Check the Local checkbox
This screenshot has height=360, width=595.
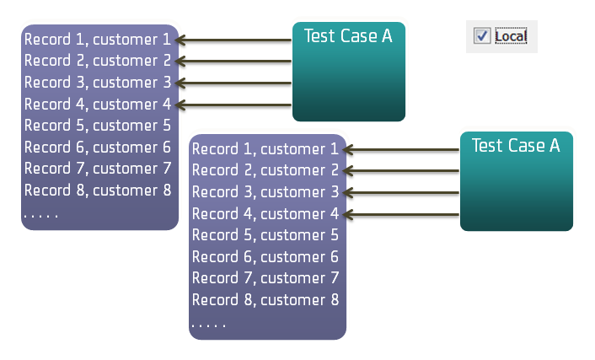click(x=482, y=35)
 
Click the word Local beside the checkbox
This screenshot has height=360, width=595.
click(x=511, y=36)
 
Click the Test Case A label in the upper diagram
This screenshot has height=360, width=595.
click(x=348, y=35)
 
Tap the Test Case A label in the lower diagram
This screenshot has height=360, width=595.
click(x=516, y=145)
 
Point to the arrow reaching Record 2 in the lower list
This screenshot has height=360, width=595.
click(x=401, y=171)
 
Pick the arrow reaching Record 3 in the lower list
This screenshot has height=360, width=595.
click(x=401, y=193)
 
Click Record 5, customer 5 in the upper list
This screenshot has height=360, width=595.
click(x=98, y=126)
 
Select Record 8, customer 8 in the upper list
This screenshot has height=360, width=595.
click(x=98, y=190)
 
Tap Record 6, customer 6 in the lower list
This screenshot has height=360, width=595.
click(x=265, y=256)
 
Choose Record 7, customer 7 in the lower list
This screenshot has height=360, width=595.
click(x=265, y=277)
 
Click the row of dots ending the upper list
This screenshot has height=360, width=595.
click(x=40, y=216)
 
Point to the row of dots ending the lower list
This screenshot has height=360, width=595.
click(x=208, y=325)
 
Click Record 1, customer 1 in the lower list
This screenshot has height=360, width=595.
click(x=265, y=149)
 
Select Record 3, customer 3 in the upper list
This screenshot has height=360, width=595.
click(x=98, y=83)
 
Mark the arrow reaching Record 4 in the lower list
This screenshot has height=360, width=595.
click(x=401, y=214)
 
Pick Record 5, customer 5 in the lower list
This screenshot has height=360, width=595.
click(x=265, y=235)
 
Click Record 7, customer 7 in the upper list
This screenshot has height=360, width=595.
click(x=98, y=169)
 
